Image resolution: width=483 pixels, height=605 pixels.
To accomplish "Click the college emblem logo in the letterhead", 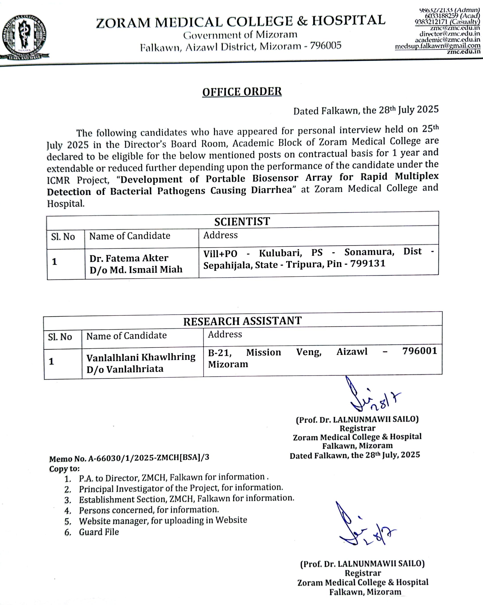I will [x=25, y=37].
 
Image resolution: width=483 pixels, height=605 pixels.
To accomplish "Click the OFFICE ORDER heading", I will [x=242, y=92].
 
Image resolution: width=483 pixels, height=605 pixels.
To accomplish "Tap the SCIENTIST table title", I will [x=242, y=221].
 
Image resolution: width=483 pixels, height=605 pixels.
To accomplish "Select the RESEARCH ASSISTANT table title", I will [x=242, y=321].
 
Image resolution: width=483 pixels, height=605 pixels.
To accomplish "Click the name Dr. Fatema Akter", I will [x=128, y=258].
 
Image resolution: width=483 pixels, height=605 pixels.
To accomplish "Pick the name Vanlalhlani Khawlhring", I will [x=141, y=357].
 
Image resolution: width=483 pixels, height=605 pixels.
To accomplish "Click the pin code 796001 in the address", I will [x=419, y=351].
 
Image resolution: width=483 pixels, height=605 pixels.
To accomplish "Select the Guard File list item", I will [x=99, y=532].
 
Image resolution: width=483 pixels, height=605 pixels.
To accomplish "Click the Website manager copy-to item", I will [x=163, y=520].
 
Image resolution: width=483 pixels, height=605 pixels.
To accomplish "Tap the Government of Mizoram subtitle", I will [x=240, y=35].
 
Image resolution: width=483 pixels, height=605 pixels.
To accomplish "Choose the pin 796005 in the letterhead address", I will [x=325, y=45].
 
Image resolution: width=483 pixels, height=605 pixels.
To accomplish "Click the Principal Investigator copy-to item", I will [x=181, y=488].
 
